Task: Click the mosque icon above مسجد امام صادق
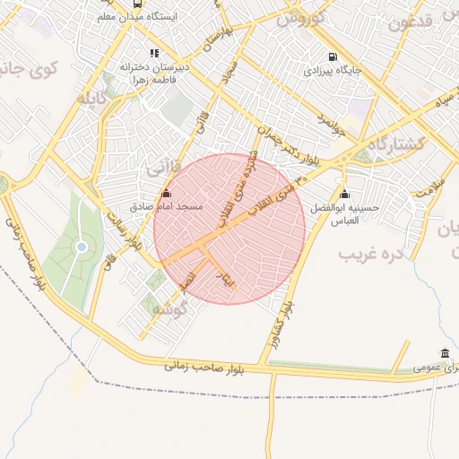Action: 165,194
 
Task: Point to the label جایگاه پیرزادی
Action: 332,69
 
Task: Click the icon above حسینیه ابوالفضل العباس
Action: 345,195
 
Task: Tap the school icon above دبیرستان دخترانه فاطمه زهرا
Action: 154,53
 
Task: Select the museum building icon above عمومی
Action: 446,353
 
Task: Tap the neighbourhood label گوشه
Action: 172,308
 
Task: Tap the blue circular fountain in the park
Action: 82,247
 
